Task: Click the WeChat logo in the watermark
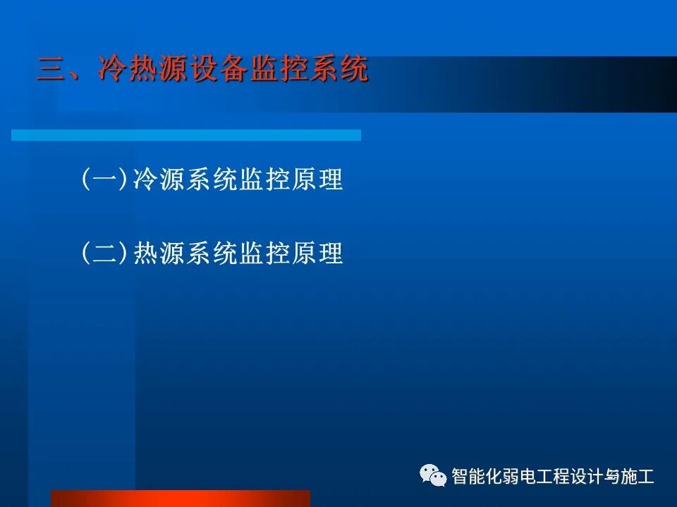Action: [434, 475]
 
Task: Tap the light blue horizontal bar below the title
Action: [186, 134]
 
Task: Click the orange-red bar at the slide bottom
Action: [181, 499]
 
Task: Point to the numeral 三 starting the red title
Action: [51, 71]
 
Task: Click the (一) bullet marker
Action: [105, 180]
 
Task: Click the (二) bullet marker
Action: [105, 253]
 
